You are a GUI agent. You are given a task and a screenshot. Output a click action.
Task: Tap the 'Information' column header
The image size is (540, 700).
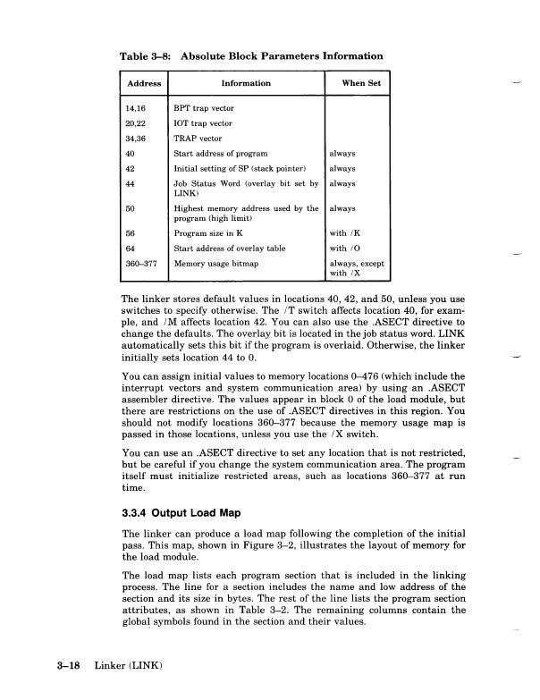246,84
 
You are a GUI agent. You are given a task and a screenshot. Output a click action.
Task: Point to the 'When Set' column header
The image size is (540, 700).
361,84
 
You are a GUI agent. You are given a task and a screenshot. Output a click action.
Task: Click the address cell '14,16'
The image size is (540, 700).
137,108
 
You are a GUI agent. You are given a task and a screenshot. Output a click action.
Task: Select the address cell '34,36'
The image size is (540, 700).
137,139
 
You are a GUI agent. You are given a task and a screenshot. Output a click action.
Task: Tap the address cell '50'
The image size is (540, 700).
131,209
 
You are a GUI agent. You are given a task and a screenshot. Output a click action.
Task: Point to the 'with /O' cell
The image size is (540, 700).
345,249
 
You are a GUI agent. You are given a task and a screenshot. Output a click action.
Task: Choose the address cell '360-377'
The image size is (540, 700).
141,265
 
